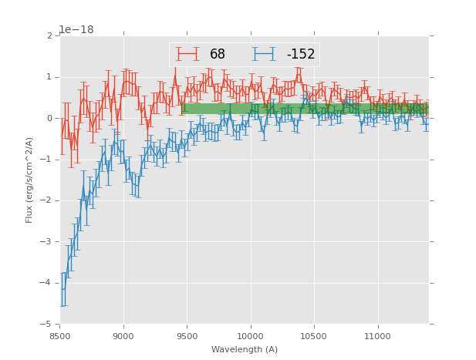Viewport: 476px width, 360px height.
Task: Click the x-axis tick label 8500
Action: (x=60, y=336)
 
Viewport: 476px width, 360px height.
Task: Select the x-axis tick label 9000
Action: (x=123, y=336)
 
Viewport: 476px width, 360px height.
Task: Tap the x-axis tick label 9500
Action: (x=187, y=336)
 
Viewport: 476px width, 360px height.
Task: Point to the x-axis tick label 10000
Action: (x=251, y=336)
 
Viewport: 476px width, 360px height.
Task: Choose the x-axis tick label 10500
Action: (x=314, y=336)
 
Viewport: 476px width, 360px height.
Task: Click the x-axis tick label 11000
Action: (x=377, y=336)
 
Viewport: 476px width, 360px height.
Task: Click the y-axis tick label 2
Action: (x=49, y=35)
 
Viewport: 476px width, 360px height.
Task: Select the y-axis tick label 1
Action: (x=49, y=77)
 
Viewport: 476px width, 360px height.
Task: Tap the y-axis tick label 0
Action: (x=49, y=118)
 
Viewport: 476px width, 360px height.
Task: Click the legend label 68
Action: (x=218, y=55)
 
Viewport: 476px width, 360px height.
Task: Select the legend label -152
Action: (x=300, y=55)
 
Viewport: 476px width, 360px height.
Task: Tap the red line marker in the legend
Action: (x=187, y=54)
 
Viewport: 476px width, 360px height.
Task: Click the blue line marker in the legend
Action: (x=264, y=54)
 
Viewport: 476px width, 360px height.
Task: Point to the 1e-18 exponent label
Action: (x=76, y=29)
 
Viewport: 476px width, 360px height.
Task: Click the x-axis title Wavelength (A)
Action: (x=244, y=349)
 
